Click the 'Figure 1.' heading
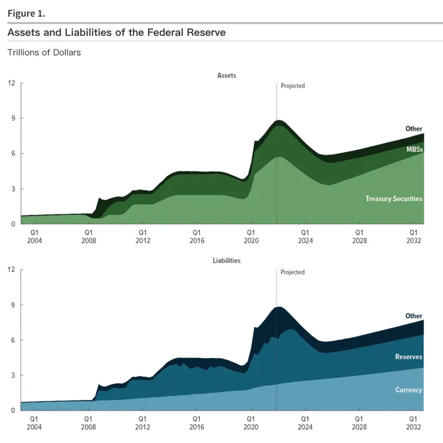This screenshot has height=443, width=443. [26, 13]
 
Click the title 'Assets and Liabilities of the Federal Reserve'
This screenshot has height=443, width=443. [117, 32]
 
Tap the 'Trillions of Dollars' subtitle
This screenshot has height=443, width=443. [44, 53]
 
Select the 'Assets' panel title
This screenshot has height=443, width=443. [227, 75]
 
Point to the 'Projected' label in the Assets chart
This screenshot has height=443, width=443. [293, 86]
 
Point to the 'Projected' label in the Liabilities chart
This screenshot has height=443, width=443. [293, 272]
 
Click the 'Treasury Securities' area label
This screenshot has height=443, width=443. [394, 198]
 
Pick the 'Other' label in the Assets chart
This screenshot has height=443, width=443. [414, 129]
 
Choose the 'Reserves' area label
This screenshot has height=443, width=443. [408, 357]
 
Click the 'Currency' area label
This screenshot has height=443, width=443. [408, 390]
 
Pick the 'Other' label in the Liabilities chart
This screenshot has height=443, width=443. [414, 315]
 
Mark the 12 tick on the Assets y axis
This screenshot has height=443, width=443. [11, 83]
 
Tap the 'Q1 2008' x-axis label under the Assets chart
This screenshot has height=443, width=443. [88, 236]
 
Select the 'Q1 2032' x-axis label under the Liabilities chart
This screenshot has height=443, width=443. [413, 423]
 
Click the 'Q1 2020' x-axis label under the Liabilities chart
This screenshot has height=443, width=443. [250, 423]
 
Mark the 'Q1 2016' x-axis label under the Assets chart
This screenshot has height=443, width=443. [196, 236]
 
